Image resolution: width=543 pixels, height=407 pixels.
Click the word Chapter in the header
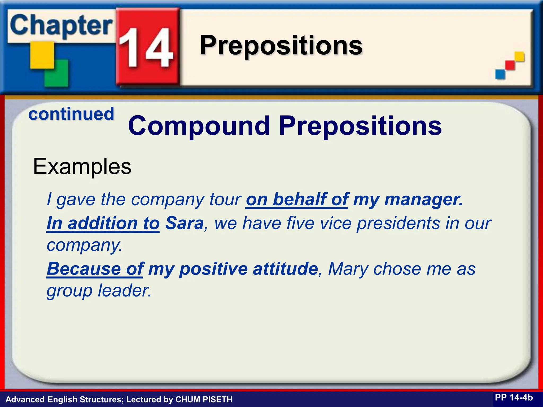click(61, 26)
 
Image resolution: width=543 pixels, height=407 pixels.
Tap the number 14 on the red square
click(146, 48)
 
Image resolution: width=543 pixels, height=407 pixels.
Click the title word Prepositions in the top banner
click(281, 46)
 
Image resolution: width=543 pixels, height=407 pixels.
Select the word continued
click(71, 114)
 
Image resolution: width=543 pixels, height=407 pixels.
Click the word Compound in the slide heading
click(199, 126)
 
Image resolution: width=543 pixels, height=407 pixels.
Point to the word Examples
click(82, 167)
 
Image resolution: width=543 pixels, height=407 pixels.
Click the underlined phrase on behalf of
click(297, 199)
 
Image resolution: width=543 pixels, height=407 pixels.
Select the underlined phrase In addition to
click(103, 223)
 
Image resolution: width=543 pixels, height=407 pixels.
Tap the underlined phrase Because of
click(95, 269)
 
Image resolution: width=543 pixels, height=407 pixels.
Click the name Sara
click(184, 223)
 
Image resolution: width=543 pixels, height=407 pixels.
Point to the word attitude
click(285, 269)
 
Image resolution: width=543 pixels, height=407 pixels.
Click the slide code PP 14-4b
click(514, 397)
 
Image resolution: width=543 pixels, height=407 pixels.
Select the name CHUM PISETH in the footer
click(204, 399)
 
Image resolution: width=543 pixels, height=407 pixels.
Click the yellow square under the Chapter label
click(42, 55)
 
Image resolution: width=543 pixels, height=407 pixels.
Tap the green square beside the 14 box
click(56, 73)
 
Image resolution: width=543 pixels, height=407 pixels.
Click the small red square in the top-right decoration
click(510, 65)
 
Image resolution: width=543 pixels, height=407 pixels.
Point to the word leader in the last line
click(124, 291)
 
